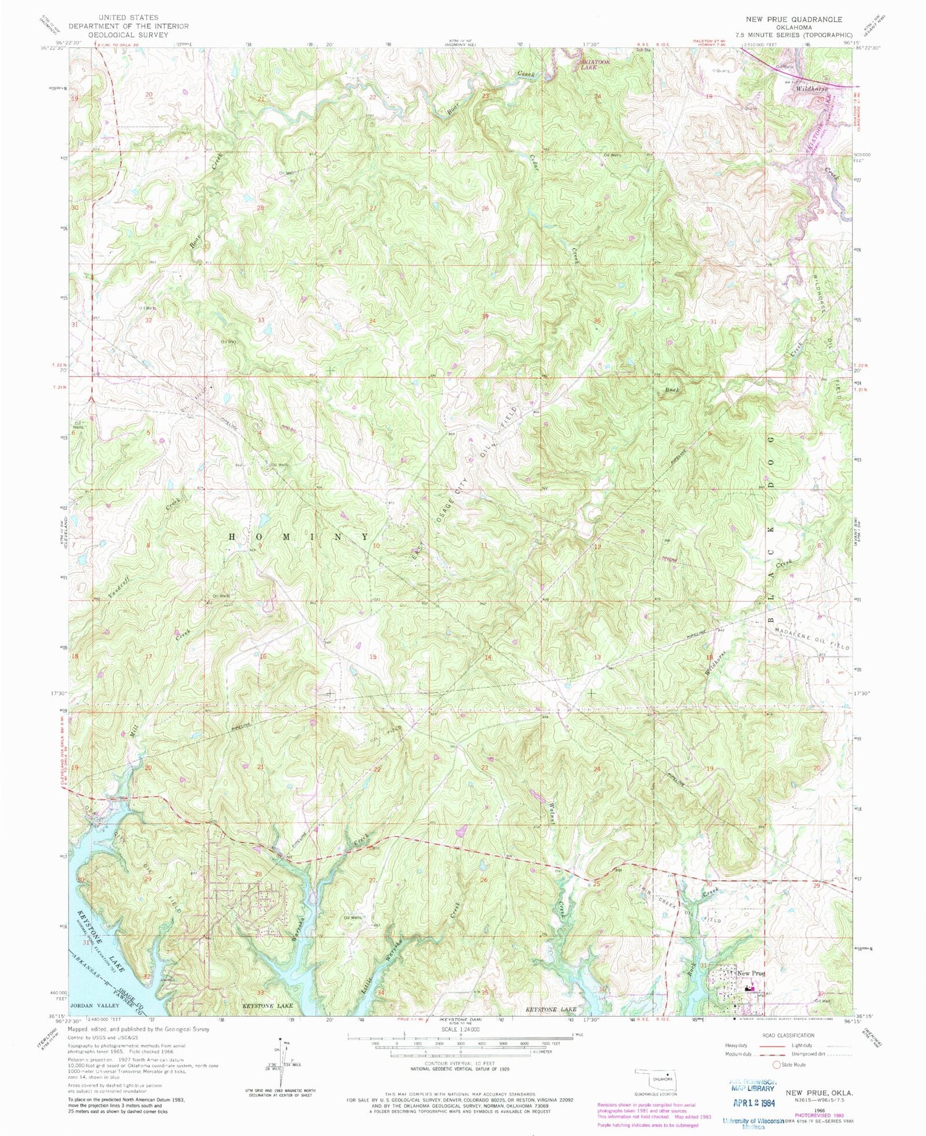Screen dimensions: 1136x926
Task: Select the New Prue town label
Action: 751,973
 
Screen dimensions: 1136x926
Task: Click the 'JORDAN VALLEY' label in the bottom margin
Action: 92,1006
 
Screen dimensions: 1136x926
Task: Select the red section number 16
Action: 263,656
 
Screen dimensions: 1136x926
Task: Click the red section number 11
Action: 485,546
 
